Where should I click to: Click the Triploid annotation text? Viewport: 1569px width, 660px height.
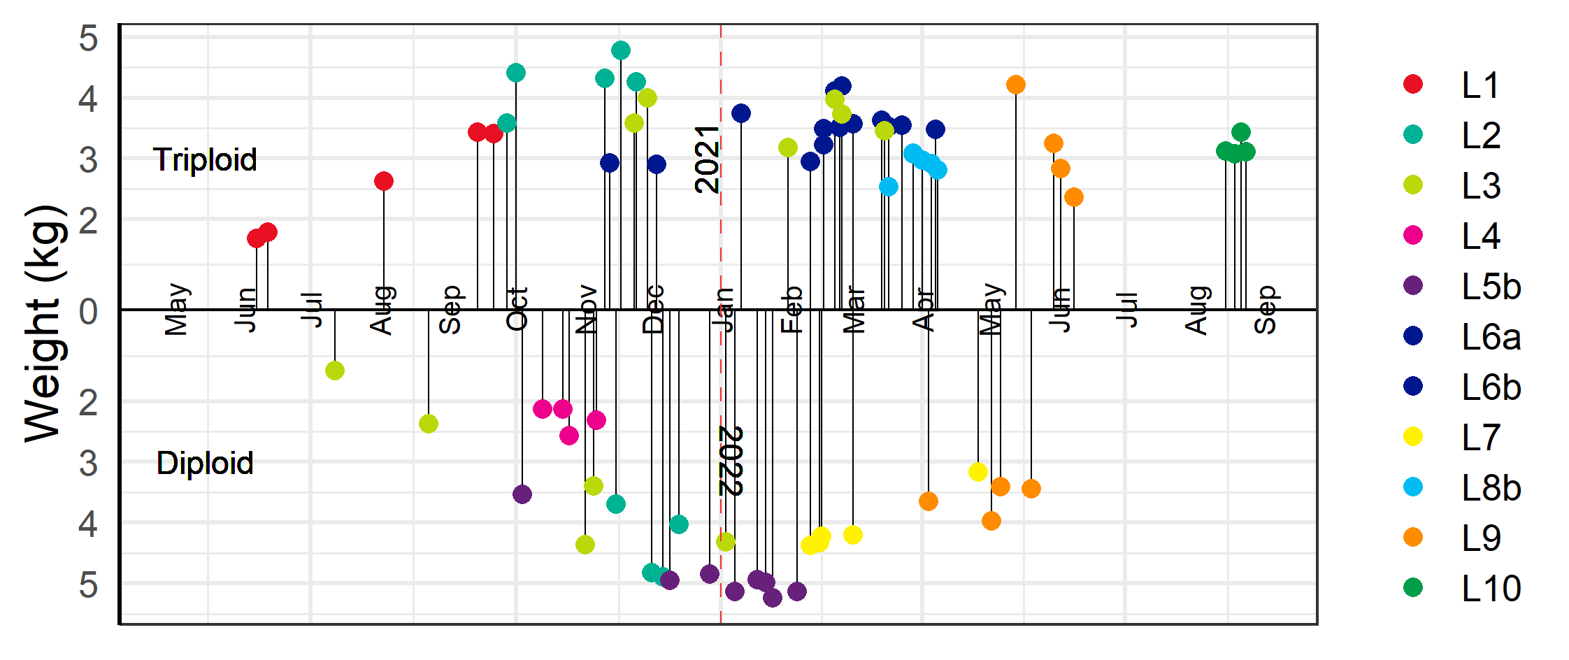(x=205, y=160)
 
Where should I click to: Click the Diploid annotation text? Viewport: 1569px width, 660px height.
(x=204, y=464)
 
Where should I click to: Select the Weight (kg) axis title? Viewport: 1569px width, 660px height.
(x=45, y=323)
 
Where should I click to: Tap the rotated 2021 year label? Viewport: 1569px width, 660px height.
(x=707, y=159)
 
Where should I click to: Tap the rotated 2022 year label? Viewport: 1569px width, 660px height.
(x=731, y=461)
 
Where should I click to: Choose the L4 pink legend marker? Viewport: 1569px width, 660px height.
(x=1413, y=235)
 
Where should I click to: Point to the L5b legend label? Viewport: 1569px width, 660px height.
(x=1491, y=287)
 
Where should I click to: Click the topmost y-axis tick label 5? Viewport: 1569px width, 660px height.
(x=88, y=38)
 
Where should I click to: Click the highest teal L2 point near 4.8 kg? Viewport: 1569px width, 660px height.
(x=621, y=50)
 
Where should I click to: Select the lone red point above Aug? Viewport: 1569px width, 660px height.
(x=383, y=181)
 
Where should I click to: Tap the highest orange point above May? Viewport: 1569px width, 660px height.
(x=1016, y=85)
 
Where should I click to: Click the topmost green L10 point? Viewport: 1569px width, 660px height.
(x=1241, y=131)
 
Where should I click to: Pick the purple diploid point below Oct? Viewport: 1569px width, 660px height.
(x=522, y=494)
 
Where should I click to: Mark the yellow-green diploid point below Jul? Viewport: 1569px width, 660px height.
(x=335, y=371)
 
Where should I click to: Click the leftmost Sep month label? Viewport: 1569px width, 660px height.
(x=450, y=310)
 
